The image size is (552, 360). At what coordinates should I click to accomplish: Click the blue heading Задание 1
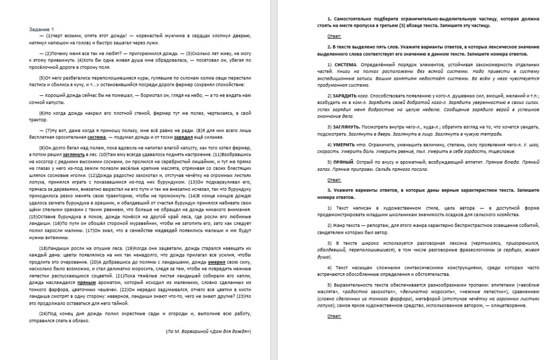42,29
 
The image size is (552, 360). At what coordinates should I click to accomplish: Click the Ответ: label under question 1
334,36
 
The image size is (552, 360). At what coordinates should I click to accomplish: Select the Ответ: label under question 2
334,179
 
